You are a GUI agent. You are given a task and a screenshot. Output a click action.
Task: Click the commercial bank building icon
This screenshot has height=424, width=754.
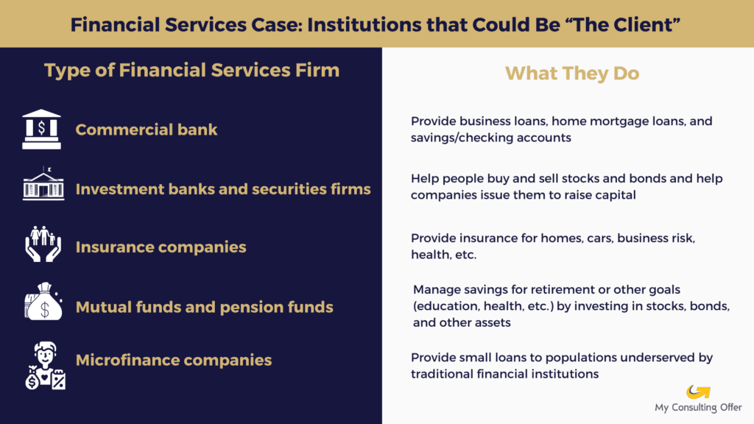tap(41, 129)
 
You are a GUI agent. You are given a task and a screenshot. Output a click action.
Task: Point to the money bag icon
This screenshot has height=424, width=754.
tap(43, 303)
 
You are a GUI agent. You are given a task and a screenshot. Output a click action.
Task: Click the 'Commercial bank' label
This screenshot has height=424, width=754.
tap(147, 130)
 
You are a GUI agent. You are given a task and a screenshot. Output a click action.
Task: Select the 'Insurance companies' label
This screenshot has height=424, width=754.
tap(161, 247)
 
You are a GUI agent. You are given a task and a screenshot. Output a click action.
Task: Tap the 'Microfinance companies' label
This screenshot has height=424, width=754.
tap(174, 360)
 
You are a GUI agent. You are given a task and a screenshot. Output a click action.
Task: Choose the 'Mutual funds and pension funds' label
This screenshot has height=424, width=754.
tap(204, 306)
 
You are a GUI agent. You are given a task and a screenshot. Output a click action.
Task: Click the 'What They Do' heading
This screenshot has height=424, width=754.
tap(571, 73)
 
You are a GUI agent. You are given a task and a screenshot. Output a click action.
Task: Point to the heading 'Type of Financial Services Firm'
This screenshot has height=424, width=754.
tap(191, 71)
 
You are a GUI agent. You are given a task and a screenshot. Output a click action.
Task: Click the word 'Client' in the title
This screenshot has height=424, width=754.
tap(647, 24)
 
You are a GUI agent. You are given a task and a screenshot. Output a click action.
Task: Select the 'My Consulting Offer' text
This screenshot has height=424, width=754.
tap(698, 407)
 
